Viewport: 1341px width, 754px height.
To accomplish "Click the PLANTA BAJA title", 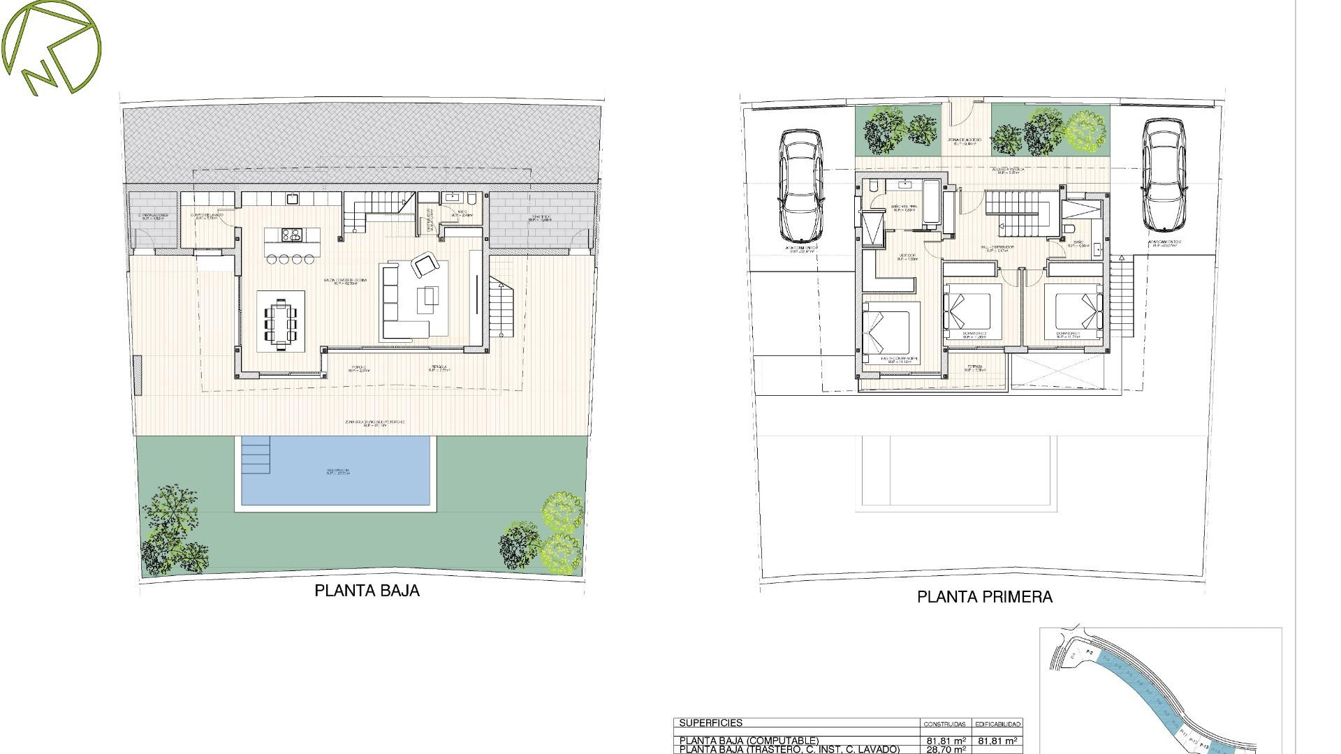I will [x=367, y=591].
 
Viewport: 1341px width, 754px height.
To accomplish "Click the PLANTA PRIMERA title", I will [x=984, y=597].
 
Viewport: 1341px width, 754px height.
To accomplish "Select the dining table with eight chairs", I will [x=280, y=323].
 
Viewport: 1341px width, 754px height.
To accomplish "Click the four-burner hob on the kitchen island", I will [x=292, y=235].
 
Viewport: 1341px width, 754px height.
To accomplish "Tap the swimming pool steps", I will [x=256, y=455].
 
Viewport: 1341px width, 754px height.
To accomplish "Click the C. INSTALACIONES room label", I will [x=152, y=216].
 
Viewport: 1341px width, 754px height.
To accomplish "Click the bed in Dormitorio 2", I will [x=969, y=310].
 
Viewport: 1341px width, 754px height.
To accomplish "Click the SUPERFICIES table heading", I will [x=710, y=723].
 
